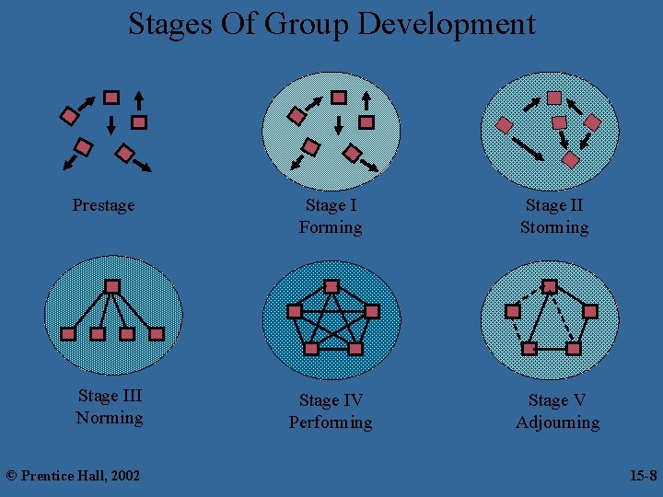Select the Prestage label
coord(103,205)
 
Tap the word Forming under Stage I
coord(331,227)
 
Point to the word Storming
coord(554,227)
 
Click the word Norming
coord(110,418)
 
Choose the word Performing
coord(331,422)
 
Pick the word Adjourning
coord(557,422)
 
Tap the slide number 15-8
coord(643,475)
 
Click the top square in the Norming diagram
coord(111,287)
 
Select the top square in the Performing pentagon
coord(331,286)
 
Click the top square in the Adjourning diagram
coord(550,286)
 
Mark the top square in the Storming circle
coord(554,97)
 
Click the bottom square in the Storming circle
coord(571,160)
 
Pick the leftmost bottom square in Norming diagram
coord(67,333)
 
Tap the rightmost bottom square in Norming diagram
coord(157,333)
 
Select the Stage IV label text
coord(331,400)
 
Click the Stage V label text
coord(557,400)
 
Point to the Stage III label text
coord(110,396)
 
